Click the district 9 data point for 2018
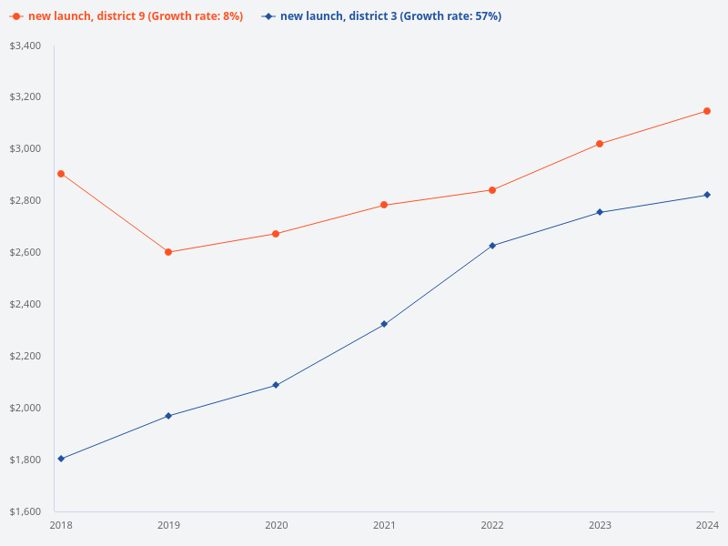[61, 174]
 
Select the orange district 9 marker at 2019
[168, 252]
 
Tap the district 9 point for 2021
[384, 205]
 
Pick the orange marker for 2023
[600, 144]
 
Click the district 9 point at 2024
[707, 111]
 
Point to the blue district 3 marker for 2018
[61, 459]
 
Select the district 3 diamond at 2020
[276, 385]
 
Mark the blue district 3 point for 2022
[492, 246]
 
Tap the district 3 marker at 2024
[707, 195]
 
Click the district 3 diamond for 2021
[384, 324]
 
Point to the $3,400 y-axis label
[25, 45]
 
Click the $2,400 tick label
[25, 304]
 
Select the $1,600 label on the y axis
[25, 511]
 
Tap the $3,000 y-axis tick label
[25, 149]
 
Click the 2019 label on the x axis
[168, 525]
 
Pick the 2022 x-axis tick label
[492, 525]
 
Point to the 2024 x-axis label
[707, 525]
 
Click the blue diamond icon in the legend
[268, 16]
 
